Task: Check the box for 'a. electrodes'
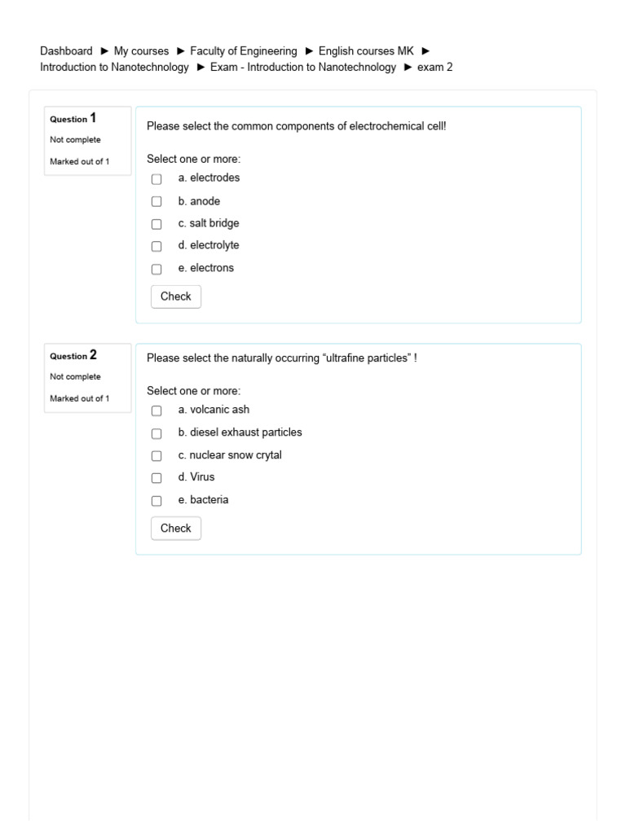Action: (x=156, y=179)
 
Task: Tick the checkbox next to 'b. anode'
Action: (x=156, y=202)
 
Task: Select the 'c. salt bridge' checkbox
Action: (x=156, y=224)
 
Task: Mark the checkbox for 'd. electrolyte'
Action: (x=156, y=246)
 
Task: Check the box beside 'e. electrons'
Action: (x=156, y=269)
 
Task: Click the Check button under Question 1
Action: (x=175, y=296)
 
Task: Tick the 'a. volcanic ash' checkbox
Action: (x=156, y=411)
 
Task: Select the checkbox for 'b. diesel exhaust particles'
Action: (x=156, y=433)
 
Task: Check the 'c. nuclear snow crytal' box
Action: (x=156, y=456)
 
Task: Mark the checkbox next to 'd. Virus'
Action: (x=156, y=478)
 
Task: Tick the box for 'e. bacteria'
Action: (x=156, y=501)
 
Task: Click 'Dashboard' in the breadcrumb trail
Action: (x=66, y=51)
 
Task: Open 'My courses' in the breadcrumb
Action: (x=141, y=51)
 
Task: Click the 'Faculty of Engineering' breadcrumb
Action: (x=244, y=51)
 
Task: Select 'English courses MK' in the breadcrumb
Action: (x=360, y=51)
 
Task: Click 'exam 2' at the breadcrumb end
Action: (x=434, y=68)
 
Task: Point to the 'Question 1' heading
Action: (x=73, y=118)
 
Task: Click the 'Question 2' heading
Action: (x=73, y=355)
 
